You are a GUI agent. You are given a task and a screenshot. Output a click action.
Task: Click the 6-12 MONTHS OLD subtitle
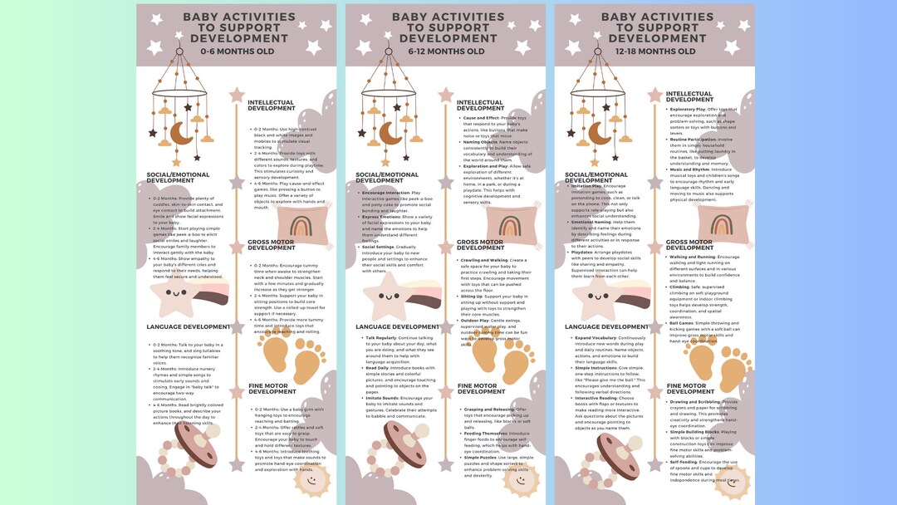point(446,51)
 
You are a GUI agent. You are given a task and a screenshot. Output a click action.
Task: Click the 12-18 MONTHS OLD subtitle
point(655,51)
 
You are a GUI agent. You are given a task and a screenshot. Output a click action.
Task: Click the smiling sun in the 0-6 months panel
point(310,479)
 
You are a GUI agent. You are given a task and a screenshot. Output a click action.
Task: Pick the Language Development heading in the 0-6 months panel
point(188,327)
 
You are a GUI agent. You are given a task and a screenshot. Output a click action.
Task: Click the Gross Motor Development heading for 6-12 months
point(480,245)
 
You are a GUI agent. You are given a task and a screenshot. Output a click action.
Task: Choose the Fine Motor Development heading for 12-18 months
point(689,389)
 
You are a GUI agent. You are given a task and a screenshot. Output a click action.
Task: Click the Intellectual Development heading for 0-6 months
point(271,105)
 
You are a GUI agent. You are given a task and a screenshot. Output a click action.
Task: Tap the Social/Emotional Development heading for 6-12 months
point(387,178)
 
